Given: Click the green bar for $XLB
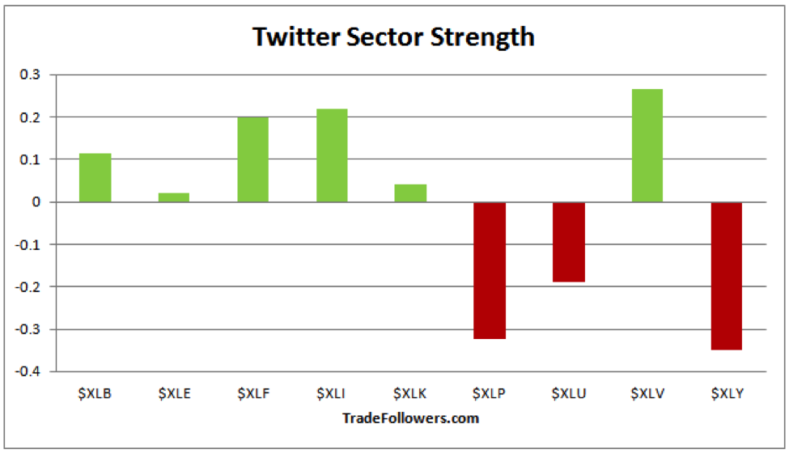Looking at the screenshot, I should click(x=95, y=177).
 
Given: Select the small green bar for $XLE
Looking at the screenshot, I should click(x=174, y=197).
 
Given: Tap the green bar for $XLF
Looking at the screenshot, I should click(x=252, y=159).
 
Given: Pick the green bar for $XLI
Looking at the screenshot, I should click(x=332, y=155).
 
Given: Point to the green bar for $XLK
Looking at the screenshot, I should click(x=410, y=193).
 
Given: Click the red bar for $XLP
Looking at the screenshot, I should click(x=490, y=270).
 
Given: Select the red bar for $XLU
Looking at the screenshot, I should click(x=568, y=242).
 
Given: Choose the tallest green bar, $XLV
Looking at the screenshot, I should click(x=647, y=146).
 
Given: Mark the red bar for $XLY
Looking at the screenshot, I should click(x=726, y=276).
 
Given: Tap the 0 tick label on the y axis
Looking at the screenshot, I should click(x=41, y=202).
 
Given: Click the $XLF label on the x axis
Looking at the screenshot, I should click(x=253, y=394).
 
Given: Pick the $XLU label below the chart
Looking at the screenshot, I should click(x=568, y=394).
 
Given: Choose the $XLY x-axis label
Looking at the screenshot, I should click(x=727, y=394).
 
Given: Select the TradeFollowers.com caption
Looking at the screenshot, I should click(x=410, y=418).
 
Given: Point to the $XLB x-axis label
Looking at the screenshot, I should click(x=95, y=394).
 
